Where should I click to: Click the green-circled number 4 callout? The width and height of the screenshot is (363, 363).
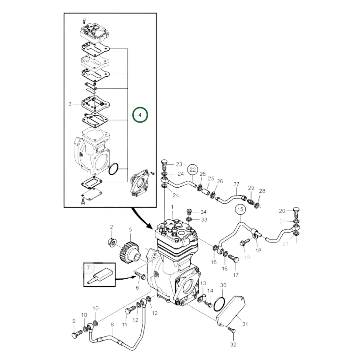point(140,115)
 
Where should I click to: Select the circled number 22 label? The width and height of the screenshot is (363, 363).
point(192,170)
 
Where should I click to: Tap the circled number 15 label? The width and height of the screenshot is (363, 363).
point(240,209)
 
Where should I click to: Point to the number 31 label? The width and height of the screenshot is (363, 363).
point(245,324)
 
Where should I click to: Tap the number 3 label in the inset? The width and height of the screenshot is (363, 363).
point(70,104)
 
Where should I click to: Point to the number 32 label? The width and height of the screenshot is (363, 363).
point(233,344)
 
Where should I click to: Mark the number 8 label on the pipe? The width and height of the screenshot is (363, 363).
point(112,325)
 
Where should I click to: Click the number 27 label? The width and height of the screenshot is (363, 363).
point(236,184)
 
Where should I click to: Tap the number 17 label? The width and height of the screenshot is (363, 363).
point(236,275)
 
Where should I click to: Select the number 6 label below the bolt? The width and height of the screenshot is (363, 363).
point(137,288)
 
